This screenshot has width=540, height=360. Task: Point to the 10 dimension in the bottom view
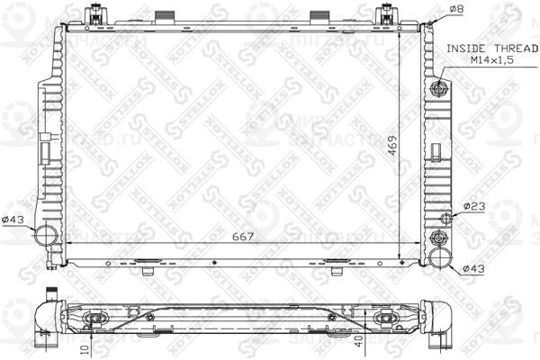[85, 347]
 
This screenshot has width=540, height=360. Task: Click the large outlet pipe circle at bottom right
[439, 258]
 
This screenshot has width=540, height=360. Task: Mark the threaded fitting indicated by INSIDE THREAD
[438, 88]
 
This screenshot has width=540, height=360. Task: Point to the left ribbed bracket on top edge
[166, 17]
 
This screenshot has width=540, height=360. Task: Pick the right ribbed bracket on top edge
[321, 17]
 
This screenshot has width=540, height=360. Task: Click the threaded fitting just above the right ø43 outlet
[438, 238]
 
